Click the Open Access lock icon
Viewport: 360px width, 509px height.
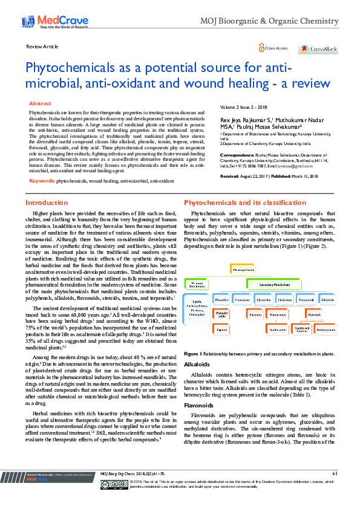click(261, 47)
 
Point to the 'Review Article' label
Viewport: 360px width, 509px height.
click(42, 47)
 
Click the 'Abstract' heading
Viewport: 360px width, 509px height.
click(41, 104)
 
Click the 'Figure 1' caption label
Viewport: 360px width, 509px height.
click(193, 353)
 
